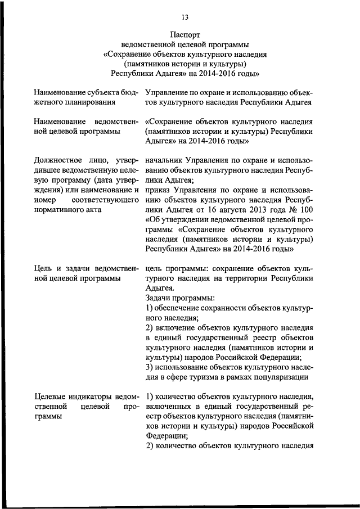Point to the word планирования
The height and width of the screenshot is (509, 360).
(86, 102)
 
